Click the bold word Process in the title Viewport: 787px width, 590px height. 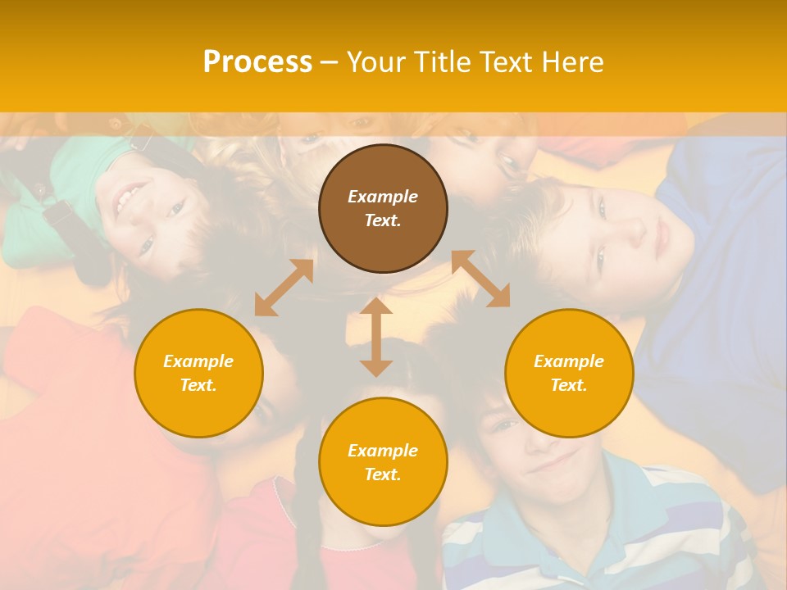tap(257, 62)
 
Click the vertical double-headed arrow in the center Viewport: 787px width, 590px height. tap(376, 337)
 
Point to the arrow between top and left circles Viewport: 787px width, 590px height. tap(284, 288)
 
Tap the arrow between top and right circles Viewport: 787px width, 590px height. tap(481, 279)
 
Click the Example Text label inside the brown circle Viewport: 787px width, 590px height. tap(383, 208)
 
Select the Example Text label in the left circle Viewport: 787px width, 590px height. tap(198, 373)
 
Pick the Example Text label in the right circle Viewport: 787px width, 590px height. tap(569, 373)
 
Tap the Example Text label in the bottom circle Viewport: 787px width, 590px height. tap(383, 462)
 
